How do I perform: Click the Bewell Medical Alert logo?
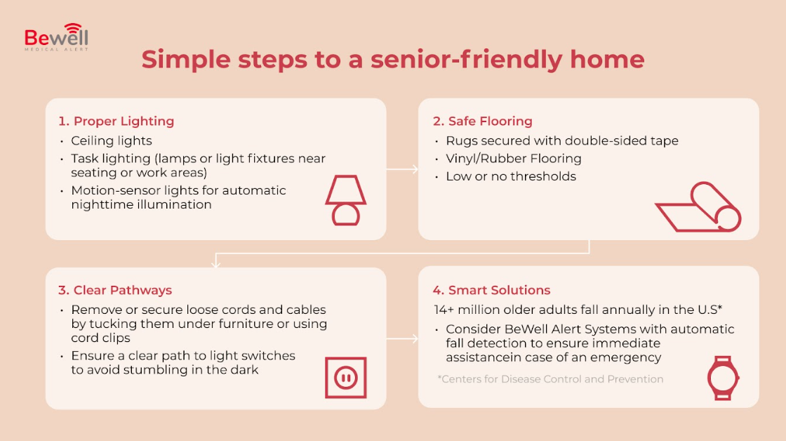(56, 37)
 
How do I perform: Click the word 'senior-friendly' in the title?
(467, 59)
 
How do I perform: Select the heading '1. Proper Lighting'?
(116, 121)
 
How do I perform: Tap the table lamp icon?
(346, 199)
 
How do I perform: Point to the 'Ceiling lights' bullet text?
(112, 140)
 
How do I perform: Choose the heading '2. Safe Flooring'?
(483, 121)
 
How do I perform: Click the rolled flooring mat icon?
(698, 206)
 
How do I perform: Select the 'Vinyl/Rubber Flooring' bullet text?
(513, 159)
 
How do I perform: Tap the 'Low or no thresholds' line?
(511, 176)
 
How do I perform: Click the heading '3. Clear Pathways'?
(115, 290)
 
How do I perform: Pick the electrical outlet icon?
(346, 378)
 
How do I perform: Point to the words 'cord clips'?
(100, 338)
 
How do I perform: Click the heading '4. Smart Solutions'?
(492, 290)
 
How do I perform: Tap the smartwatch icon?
(723, 379)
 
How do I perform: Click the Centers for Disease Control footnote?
(550, 379)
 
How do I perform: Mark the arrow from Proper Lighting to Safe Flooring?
(402, 169)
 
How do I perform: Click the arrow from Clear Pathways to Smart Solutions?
(402, 339)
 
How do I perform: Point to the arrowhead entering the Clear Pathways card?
(216, 263)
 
